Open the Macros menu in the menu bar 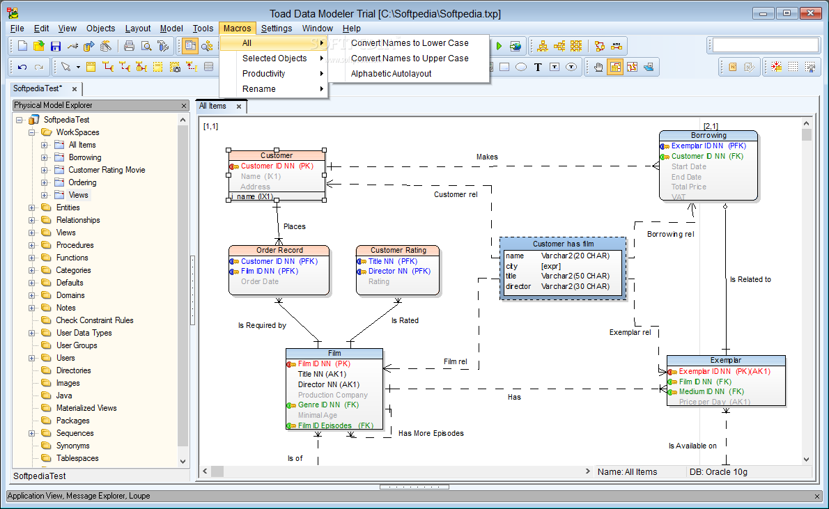tap(237, 28)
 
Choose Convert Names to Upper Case tap(410, 58)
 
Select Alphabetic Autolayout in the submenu tap(392, 74)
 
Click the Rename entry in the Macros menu tap(259, 89)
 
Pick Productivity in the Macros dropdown tap(264, 74)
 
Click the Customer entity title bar tap(277, 155)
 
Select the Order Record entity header tap(279, 250)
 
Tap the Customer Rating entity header tap(398, 250)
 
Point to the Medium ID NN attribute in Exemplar tap(711, 391)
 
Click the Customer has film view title tap(563, 244)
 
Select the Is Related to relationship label tap(750, 279)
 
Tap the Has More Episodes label tap(431, 433)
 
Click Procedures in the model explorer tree tap(75, 245)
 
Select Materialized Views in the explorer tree tap(86, 408)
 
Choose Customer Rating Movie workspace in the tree tap(107, 170)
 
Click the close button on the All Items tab tap(239, 107)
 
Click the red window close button tap(810, 13)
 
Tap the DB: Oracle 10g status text tap(718, 472)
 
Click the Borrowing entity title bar tap(708, 135)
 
